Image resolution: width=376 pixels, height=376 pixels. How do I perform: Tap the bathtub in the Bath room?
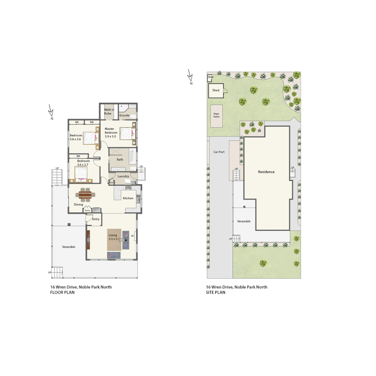[x=132, y=156]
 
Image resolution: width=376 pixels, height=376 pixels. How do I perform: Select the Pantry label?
[x=87, y=210]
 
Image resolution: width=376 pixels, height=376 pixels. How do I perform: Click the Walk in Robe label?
[x=109, y=112]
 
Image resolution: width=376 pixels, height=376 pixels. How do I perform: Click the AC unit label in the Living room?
[x=133, y=236]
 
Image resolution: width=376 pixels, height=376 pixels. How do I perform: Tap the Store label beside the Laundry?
[x=111, y=182]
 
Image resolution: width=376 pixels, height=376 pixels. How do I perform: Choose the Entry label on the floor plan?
[x=96, y=219]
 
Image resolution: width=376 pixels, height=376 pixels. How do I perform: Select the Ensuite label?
[x=124, y=115]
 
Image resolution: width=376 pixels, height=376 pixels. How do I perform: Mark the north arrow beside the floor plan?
[x=51, y=111]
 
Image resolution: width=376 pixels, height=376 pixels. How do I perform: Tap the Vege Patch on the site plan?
[x=217, y=115]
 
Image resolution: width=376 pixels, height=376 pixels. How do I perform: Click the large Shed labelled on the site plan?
[x=216, y=90]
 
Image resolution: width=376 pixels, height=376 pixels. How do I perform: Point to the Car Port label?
[x=219, y=152]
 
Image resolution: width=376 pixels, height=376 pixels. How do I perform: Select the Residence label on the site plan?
[x=266, y=172]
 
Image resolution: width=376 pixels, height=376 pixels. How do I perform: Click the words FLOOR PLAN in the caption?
[x=62, y=292]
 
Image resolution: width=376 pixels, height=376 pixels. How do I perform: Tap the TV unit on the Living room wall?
[x=88, y=240]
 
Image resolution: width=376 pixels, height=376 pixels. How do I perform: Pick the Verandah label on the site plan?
[x=244, y=221]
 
